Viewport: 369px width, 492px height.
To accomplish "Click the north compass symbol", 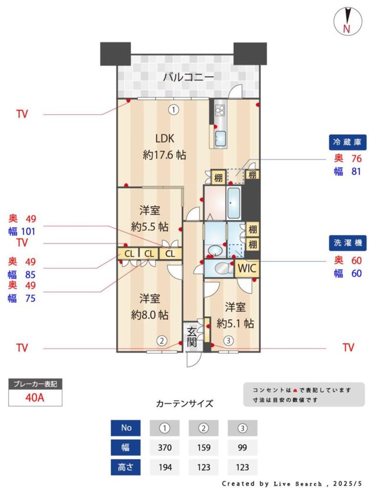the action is click(x=348, y=20).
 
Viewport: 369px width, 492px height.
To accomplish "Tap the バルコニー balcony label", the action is click(x=189, y=76).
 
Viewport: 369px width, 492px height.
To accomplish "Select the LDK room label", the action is click(x=165, y=138).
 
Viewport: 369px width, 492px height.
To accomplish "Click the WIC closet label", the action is click(x=247, y=268).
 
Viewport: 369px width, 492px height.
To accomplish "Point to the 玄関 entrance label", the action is click(x=192, y=337).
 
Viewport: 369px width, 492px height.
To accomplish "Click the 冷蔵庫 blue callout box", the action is click(x=347, y=142).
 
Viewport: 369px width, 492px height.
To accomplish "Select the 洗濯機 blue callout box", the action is click(x=347, y=243).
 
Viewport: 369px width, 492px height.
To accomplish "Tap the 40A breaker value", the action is click(x=35, y=398).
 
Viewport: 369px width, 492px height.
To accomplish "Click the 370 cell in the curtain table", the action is click(x=165, y=447).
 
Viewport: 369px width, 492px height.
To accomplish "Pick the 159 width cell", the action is click(x=203, y=447).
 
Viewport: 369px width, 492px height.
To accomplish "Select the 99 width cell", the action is click(x=242, y=447).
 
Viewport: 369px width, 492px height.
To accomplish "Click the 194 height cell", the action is click(x=165, y=467).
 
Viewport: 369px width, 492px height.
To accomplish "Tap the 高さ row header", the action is click(x=126, y=467).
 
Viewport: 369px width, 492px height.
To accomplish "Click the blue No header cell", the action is click(x=126, y=428).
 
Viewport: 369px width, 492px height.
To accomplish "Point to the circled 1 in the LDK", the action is click(x=174, y=110).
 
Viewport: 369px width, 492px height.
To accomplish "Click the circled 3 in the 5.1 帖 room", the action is click(x=229, y=340).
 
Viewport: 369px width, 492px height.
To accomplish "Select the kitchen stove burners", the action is click(x=220, y=110).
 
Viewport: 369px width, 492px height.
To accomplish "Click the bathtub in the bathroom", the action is click(x=234, y=203).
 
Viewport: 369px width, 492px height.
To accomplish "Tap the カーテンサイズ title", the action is click(x=184, y=403).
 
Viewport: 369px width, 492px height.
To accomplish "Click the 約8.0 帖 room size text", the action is click(x=150, y=315).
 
